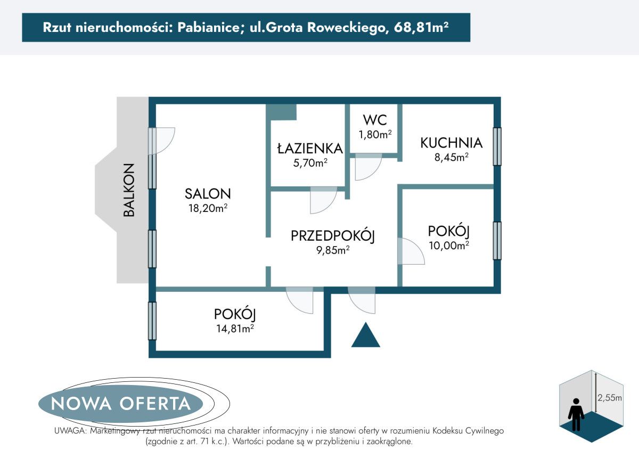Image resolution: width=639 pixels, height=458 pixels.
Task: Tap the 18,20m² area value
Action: pyautogui.click(x=208, y=208)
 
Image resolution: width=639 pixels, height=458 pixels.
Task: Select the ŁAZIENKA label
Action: pyautogui.click(x=309, y=148)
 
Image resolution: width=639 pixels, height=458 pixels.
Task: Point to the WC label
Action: pyautogui.click(x=375, y=120)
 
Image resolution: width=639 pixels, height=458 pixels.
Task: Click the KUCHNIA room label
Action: pyautogui.click(x=451, y=143)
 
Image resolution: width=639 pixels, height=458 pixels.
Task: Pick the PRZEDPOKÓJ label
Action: pyautogui.click(x=333, y=235)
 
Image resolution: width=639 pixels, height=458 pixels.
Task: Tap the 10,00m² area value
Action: pyautogui.click(x=448, y=246)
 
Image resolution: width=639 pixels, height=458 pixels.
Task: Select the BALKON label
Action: pyautogui.click(x=129, y=190)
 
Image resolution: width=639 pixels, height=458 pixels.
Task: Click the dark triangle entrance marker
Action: pyautogui.click(x=366, y=336)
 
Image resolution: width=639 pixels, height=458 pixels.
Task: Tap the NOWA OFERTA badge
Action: pyautogui.click(x=121, y=403)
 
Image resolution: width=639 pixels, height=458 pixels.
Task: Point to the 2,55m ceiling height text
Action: pyautogui.click(x=609, y=397)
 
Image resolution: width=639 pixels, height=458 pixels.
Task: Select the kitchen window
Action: pyautogui.click(x=497, y=146)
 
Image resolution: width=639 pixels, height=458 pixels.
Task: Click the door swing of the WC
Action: pyautogui.click(x=367, y=166)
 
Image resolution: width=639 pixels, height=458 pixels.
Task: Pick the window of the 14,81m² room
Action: pyautogui.click(x=152, y=321)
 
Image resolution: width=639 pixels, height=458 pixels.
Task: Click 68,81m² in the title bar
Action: pyautogui.click(x=421, y=27)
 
